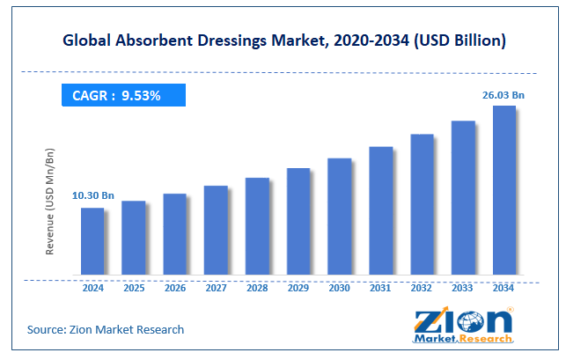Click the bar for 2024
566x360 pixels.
click(92, 241)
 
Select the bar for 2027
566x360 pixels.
click(216, 230)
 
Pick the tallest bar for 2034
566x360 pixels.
click(504, 190)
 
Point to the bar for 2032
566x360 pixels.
click(422, 204)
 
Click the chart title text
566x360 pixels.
click(283, 40)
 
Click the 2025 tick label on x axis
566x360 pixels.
click(134, 288)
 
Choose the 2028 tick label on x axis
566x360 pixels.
click(257, 288)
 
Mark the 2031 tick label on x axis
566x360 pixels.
click(380, 288)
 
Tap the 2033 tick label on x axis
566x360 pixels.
click(463, 288)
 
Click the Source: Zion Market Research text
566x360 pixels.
click(106, 329)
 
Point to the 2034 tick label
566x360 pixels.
click(504, 288)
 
